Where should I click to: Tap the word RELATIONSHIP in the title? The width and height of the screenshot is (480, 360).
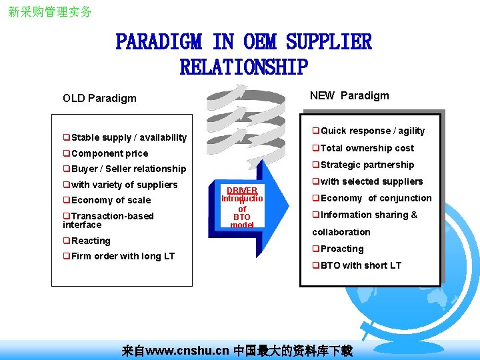click(243, 67)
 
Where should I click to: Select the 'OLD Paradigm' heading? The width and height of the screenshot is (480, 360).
click(99, 98)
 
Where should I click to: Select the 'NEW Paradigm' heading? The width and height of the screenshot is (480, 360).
click(349, 95)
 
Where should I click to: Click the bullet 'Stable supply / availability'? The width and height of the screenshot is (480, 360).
click(129, 137)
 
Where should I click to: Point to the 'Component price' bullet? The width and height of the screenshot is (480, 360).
click(109, 153)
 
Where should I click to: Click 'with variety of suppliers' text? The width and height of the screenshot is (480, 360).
click(124, 185)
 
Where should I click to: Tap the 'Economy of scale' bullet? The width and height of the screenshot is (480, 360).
click(111, 200)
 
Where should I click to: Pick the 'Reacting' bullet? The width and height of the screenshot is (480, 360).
click(91, 241)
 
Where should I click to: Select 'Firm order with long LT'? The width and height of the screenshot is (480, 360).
click(123, 256)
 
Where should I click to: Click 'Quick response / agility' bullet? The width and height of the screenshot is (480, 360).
click(372, 131)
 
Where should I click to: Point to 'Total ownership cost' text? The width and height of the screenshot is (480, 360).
click(367, 148)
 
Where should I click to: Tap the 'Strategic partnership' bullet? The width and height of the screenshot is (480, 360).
click(367, 165)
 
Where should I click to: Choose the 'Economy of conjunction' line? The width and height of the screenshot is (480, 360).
click(376, 198)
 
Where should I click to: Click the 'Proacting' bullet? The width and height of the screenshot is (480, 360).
click(341, 249)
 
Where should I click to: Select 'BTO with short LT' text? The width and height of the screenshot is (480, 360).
click(361, 265)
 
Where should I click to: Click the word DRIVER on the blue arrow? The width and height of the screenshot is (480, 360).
click(242, 191)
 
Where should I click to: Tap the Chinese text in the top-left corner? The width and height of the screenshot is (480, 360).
click(50, 12)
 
